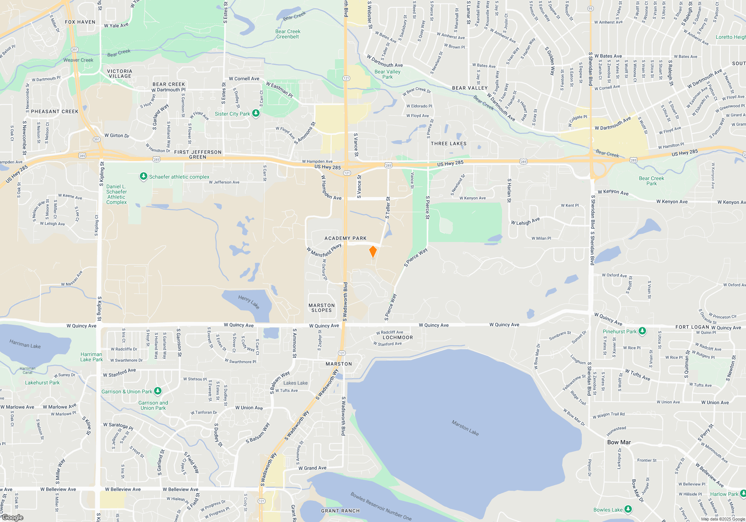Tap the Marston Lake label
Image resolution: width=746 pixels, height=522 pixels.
pyautogui.click(x=465, y=428)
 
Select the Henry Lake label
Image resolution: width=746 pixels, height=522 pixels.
pyautogui.click(x=249, y=302)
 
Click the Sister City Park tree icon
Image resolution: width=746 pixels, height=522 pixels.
pyautogui.click(x=256, y=113)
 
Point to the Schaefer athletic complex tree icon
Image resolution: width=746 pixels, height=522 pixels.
pyautogui.click(x=143, y=176)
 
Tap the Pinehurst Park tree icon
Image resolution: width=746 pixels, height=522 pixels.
pyautogui.click(x=642, y=331)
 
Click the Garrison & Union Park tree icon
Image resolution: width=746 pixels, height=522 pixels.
pyautogui.click(x=158, y=391)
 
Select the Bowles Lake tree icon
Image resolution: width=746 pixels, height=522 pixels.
pyautogui.click(x=628, y=509)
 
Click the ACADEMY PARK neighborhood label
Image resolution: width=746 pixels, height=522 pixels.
pyautogui.click(x=345, y=238)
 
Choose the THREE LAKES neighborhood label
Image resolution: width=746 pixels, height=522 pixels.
pyautogui.click(x=448, y=144)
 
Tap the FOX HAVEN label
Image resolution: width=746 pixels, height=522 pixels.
pyautogui.click(x=80, y=22)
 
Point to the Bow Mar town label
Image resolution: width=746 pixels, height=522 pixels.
pyautogui.click(x=619, y=442)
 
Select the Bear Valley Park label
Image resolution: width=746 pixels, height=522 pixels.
pyautogui.click(x=388, y=74)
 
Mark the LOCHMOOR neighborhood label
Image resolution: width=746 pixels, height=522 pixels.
pyautogui.click(x=398, y=337)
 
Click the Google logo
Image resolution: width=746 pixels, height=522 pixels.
pyautogui.click(x=12, y=518)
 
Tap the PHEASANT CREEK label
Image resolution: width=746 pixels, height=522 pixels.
pyautogui.click(x=54, y=111)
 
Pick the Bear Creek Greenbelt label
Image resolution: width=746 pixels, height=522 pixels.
pyautogui.click(x=288, y=34)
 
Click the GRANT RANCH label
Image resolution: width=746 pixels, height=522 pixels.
pyautogui.click(x=340, y=511)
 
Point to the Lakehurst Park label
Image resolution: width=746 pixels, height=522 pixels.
pyautogui.click(x=42, y=383)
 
